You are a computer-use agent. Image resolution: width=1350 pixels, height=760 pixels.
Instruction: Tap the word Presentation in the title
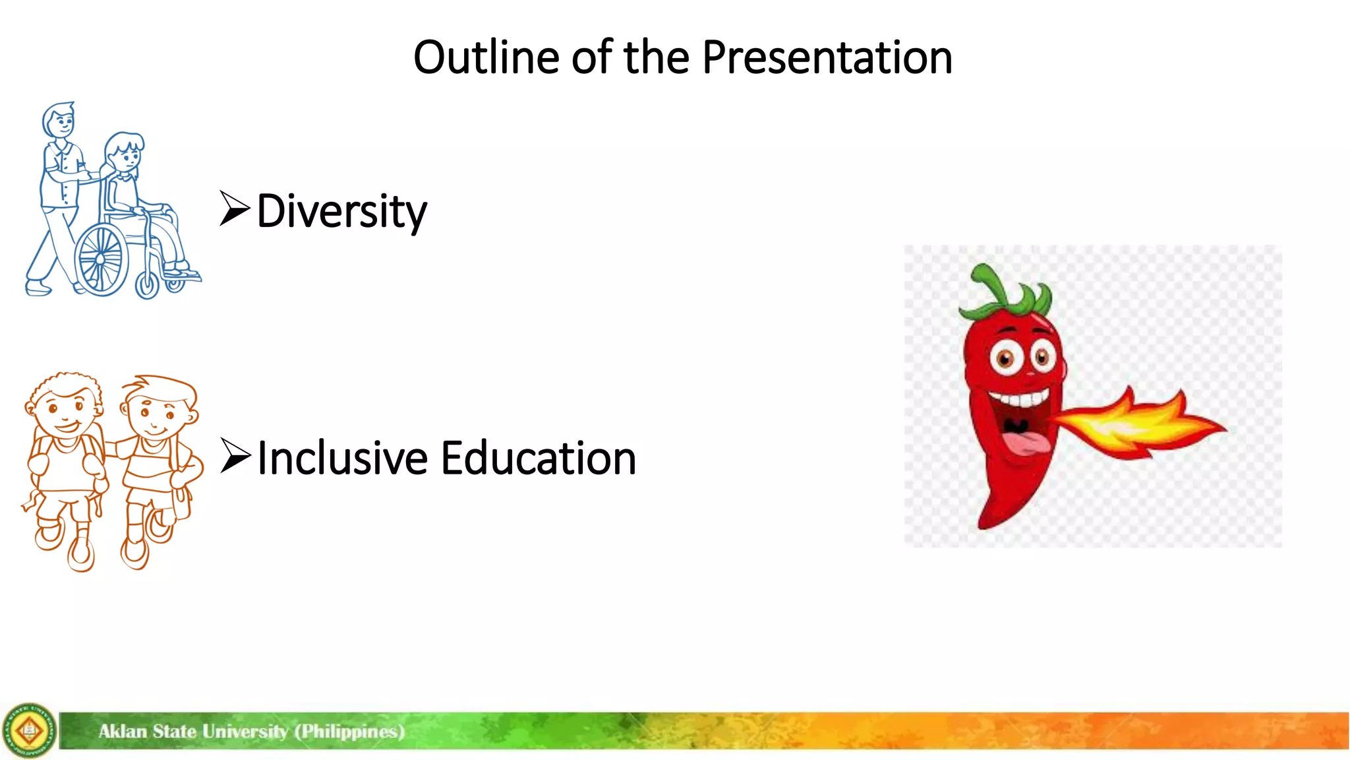[x=827, y=57]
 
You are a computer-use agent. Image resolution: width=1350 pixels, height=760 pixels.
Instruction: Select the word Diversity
[x=341, y=211]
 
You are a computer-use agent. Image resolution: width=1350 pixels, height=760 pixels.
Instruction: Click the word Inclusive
[x=342, y=458]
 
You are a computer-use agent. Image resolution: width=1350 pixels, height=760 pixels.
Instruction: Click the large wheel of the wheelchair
[x=101, y=259]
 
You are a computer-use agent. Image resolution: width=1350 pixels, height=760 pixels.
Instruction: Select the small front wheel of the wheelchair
[x=147, y=285]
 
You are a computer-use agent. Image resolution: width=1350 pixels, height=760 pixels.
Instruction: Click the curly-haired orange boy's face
[x=66, y=409]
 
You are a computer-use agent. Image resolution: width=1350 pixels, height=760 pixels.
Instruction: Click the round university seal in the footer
[x=29, y=730]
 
